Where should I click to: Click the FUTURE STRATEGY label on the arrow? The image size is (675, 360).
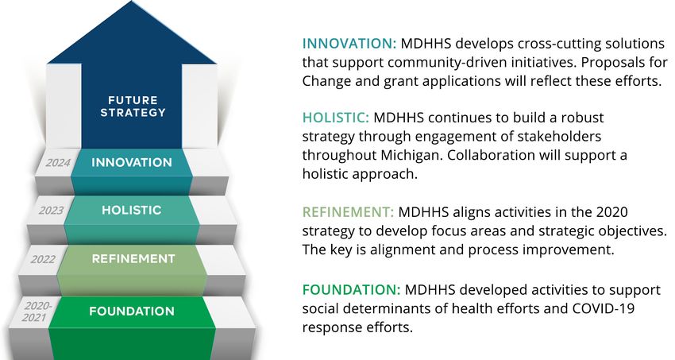pyautogui.click(x=133, y=106)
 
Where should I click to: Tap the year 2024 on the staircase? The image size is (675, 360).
pyautogui.click(x=58, y=163)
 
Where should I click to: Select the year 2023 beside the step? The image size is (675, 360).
pyautogui.click(x=51, y=211)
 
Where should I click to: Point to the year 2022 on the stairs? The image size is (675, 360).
pyautogui.click(x=43, y=259)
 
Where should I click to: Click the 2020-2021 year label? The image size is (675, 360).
pyautogui.click(x=37, y=312)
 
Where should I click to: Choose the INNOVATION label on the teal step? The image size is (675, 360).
pyautogui.click(x=132, y=162)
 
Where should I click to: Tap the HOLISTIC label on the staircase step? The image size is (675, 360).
pyautogui.click(x=132, y=210)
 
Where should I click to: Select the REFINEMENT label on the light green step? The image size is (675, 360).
pyautogui.click(x=133, y=259)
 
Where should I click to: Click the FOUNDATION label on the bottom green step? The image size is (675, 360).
pyautogui.click(x=132, y=312)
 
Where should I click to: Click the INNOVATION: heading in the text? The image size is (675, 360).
pyautogui.click(x=349, y=44)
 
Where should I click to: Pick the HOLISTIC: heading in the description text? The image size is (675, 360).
pyautogui.click(x=335, y=118)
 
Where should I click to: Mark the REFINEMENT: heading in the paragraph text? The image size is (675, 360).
pyautogui.click(x=348, y=212)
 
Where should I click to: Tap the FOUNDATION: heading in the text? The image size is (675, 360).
pyautogui.click(x=351, y=290)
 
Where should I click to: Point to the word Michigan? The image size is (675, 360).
pyautogui.click(x=411, y=156)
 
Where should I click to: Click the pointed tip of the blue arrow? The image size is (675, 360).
pyautogui.click(x=131, y=2)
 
